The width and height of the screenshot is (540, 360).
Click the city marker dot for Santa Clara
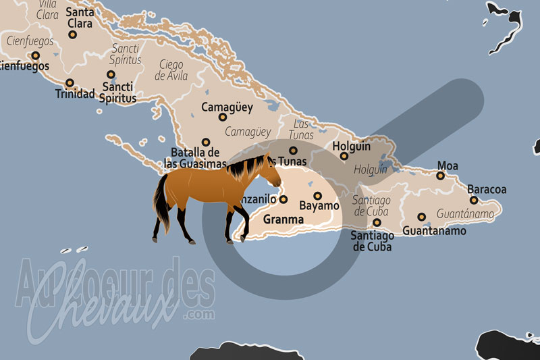[x=72, y=34]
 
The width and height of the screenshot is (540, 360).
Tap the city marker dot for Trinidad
[x=70, y=83]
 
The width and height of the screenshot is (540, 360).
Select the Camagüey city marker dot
[x=223, y=117]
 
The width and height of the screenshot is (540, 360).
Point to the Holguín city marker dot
[x=344, y=156]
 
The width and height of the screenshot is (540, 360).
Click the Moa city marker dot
[x=440, y=176]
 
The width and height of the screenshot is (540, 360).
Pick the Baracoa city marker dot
[x=474, y=200]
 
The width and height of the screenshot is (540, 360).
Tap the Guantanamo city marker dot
[x=422, y=217]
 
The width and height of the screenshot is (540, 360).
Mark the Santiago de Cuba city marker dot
[x=377, y=222]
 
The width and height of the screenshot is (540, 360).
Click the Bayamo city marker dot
[x=317, y=196]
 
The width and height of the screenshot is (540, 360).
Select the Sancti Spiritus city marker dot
[x=111, y=75]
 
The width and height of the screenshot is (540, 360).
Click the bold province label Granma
[x=283, y=220]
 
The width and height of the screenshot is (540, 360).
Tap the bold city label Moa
[x=448, y=165]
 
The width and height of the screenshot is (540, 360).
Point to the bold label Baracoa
[x=486, y=190]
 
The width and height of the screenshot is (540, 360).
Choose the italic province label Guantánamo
[x=464, y=213]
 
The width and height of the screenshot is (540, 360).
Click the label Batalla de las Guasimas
[x=196, y=157]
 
